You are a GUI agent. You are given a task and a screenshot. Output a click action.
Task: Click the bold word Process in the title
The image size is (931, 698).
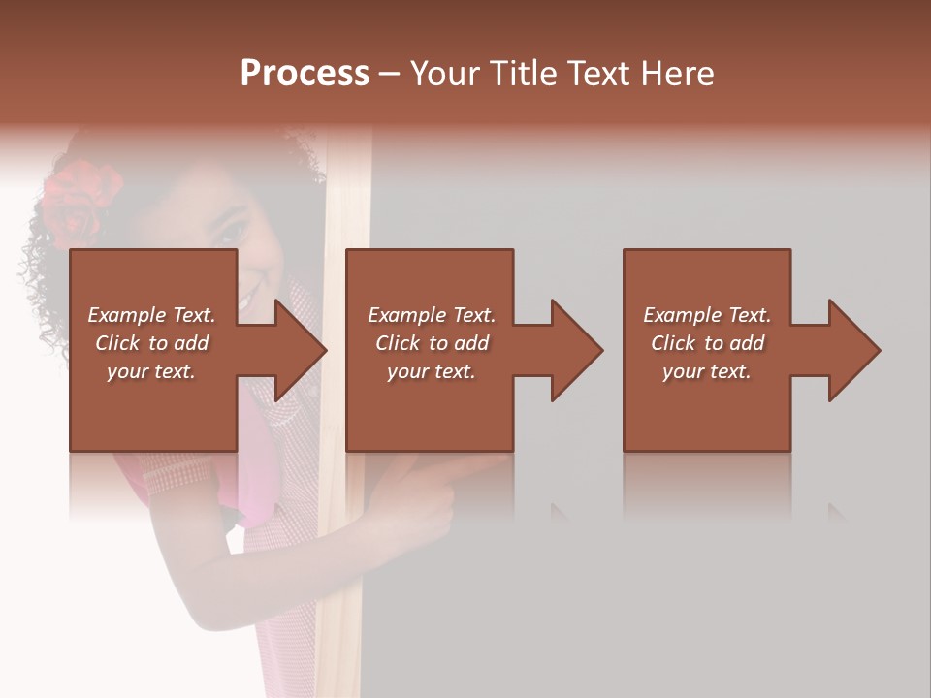point(305,73)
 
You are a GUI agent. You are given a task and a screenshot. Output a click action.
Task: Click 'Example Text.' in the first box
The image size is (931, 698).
point(151,315)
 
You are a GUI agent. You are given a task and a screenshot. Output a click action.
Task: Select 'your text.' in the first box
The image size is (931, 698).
point(151,371)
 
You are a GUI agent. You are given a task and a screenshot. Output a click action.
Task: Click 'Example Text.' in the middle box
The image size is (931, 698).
point(432,315)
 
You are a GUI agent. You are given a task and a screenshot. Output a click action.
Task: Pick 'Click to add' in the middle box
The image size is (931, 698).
point(432,343)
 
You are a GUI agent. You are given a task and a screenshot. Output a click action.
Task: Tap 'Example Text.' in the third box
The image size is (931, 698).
point(707,315)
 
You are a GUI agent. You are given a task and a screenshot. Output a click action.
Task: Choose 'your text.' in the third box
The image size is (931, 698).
point(707,371)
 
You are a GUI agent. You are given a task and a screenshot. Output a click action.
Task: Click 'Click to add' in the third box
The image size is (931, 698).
point(707,343)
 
